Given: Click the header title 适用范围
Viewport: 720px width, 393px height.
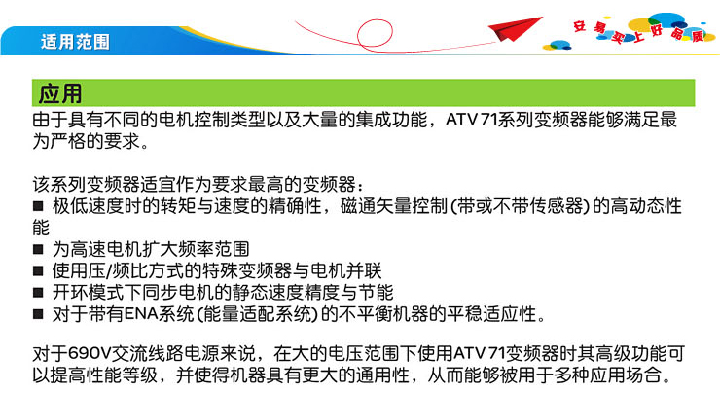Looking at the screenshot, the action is (x=75, y=42).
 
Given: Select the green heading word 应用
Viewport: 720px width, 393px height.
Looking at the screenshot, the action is (x=60, y=93).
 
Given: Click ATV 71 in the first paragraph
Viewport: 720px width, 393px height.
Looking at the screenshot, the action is (x=472, y=120).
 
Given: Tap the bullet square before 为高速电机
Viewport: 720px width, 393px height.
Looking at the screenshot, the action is (x=38, y=249).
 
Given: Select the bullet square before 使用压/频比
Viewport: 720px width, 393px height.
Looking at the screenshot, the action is (x=38, y=270).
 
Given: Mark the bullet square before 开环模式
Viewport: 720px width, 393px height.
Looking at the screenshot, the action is (x=38, y=293).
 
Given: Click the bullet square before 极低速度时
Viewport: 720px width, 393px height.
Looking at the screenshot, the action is (x=38, y=205).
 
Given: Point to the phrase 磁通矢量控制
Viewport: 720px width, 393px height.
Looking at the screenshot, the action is (x=393, y=206).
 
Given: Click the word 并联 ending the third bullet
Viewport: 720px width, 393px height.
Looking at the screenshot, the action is (x=364, y=270).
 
